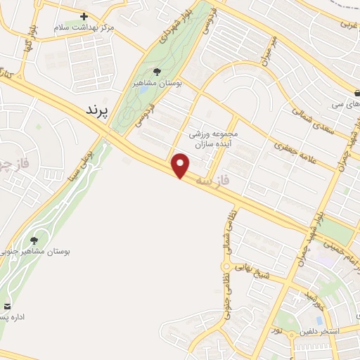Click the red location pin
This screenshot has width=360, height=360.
[181, 165]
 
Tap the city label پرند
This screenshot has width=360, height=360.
[98, 110]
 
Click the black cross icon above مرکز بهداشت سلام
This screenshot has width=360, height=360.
[84, 15]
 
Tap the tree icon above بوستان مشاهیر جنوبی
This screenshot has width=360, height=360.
[34, 240]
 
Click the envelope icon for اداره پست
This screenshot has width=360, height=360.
[8, 306]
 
